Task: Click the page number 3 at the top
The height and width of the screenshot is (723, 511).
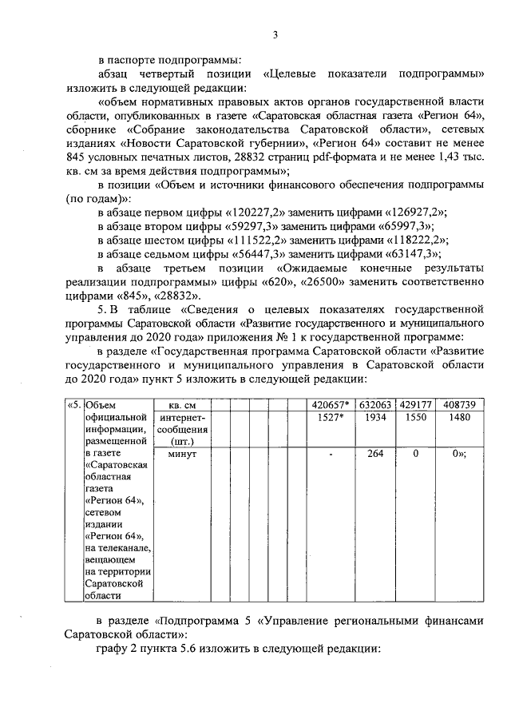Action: pyautogui.click(x=274, y=34)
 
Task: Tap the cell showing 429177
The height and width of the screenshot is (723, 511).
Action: pyautogui.click(x=415, y=405)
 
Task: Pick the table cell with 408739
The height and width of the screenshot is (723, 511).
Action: pyautogui.click(x=458, y=405)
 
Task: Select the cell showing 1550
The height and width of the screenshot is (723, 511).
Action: pyautogui.click(x=415, y=418)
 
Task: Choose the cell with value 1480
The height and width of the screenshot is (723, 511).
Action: pyautogui.click(x=458, y=418)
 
